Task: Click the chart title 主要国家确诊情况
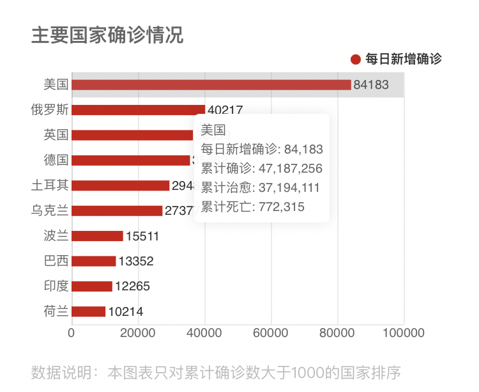[107, 35]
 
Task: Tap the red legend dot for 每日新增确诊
[356, 59]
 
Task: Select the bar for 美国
[211, 84]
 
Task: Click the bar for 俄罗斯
[138, 110]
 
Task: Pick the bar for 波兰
[97, 236]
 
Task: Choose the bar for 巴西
[93, 261]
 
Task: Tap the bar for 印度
[91, 286]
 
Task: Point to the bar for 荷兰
[88, 311]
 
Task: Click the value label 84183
[371, 85]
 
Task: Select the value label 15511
[142, 237]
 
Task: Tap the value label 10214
[126, 312]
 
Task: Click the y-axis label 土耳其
[50, 185]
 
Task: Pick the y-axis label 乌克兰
[50, 210]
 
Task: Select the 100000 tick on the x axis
[404, 333]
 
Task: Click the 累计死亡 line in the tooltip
[253, 207]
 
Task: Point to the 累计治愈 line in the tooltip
[261, 188]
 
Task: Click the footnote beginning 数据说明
[216, 372]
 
